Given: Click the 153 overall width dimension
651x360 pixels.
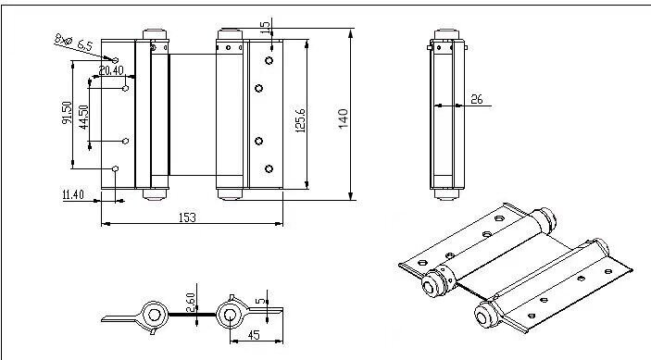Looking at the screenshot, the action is (x=187, y=217).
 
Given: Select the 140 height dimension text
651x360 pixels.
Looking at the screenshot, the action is (x=344, y=118).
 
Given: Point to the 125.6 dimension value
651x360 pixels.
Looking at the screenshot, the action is (x=301, y=120).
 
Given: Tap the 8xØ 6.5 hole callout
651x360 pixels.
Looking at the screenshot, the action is (x=73, y=43).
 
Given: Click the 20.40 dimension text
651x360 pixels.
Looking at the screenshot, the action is (x=111, y=70).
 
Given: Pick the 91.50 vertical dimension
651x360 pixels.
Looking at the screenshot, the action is (x=67, y=112).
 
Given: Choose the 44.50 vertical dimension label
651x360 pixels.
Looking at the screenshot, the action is (x=83, y=118).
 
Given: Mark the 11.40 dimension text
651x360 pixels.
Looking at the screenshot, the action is (x=73, y=194).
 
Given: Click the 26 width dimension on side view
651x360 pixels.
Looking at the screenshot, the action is (x=477, y=99).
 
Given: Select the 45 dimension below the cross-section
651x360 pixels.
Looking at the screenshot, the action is (x=254, y=335).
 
